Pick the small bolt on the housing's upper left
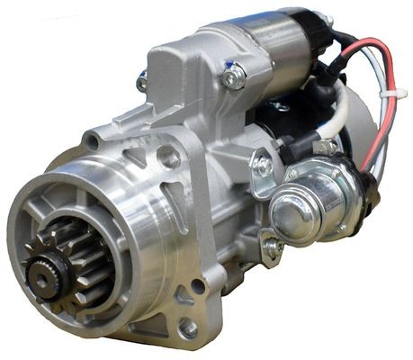(x=142, y=83)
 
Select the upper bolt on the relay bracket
(x=264, y=165)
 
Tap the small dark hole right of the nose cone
(x=197, y=286)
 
